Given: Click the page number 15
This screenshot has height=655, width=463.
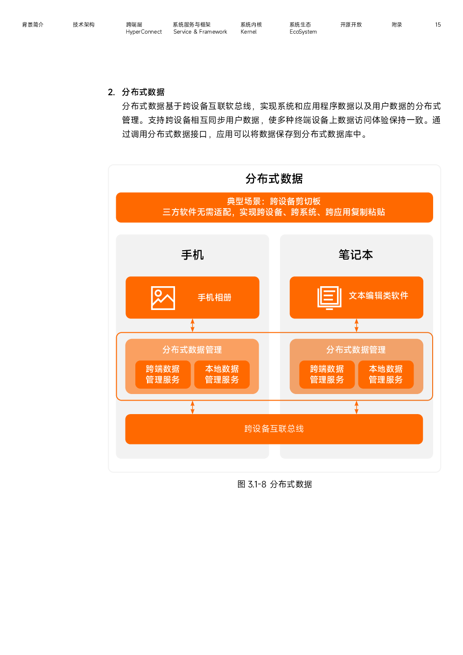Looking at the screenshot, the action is [438, 25].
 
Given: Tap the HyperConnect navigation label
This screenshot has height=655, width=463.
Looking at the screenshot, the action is [143, 32].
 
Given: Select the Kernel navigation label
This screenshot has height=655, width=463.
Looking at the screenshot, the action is [248, 32].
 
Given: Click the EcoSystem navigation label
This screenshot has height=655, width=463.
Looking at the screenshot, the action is [303, 32].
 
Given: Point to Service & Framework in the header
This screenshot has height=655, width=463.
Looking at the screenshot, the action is [200, 32].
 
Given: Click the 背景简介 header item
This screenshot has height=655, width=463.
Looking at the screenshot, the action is [33, 25].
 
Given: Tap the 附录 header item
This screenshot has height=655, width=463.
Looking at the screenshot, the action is [397, 25].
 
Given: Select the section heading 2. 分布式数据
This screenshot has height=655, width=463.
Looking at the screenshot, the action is [136, 92].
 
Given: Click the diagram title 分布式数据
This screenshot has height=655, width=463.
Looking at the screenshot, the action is [274, 178].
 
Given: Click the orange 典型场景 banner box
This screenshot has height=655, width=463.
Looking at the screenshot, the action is [274, 207].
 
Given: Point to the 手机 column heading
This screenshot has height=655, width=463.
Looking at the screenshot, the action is [192, 255].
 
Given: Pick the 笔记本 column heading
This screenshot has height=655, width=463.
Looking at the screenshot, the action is [356, 255].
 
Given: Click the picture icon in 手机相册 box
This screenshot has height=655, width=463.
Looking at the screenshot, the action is [163, 298].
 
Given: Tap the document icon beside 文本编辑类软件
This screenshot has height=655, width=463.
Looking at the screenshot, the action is [330, 298].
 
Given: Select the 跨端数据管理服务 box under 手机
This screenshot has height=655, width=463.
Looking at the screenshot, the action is [163, 374].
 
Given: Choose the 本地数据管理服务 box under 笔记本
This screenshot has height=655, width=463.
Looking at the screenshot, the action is [386, 374].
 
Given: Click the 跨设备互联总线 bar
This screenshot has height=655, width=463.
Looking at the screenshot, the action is [274, 429].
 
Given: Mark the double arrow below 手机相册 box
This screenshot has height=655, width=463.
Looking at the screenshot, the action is [192, 325].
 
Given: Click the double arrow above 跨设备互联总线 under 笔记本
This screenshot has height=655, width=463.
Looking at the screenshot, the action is [356, 407].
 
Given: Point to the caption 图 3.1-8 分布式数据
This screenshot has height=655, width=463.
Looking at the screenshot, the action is [274, 484].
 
